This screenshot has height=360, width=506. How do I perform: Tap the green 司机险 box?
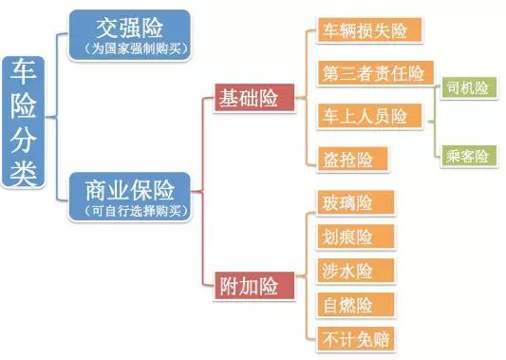point(468,88)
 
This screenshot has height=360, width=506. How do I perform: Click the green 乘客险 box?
point(468,156)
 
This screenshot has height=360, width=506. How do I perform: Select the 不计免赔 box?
point(353,337)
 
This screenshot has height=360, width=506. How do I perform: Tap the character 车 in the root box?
point(25,72)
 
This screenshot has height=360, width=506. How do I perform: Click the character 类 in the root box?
point(25,173)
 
